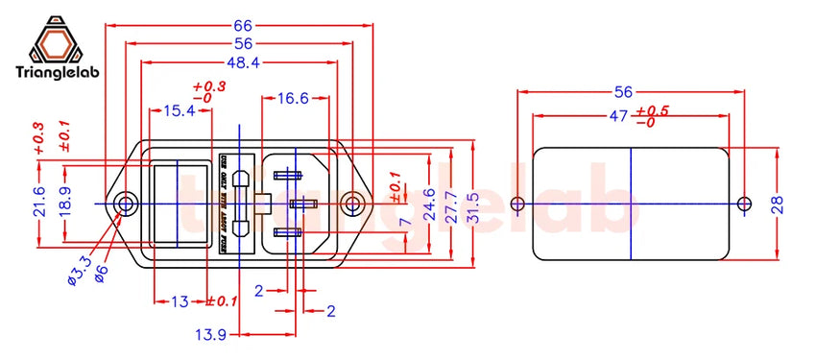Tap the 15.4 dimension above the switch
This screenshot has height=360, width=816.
point(179,110)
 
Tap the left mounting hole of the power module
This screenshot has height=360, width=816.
point(125,204)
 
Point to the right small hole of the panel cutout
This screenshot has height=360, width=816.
point(743,204)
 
